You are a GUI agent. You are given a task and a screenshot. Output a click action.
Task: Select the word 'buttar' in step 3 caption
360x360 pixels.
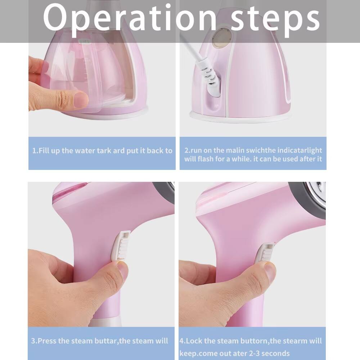tap(99, 341)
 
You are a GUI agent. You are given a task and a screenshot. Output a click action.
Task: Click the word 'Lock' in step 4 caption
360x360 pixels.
tap(194, 341)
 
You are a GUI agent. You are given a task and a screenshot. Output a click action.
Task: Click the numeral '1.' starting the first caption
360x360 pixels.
tap(35, 151)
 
